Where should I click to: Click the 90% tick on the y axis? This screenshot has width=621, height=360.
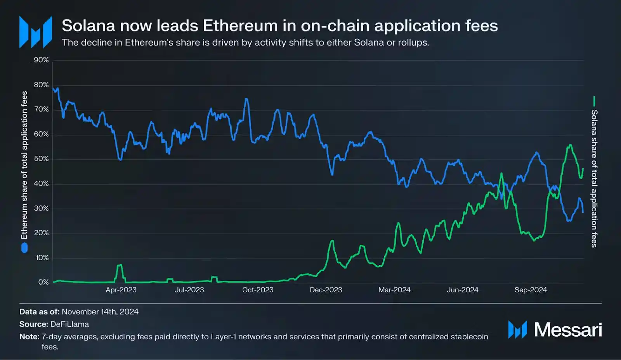pyautogui.click(x=41, y=60)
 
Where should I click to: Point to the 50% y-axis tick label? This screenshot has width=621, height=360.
pyautogui.click(x=41, y=159)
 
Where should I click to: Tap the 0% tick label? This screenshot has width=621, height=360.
pyautogui.click(x=43, y=282)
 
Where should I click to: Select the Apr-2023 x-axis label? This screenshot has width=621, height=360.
pyautogui.click(x=121, y=290)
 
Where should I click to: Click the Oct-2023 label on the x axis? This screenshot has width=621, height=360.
pyautogui.click(x=258, y=290)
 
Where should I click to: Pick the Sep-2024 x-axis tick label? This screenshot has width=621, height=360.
pyautogui.click(x=531, y=290)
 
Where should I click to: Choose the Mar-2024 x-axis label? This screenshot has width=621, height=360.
pyautogui.click(x=394, y=290)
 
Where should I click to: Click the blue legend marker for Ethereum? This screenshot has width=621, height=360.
pyautogui.click(x=24, y=248)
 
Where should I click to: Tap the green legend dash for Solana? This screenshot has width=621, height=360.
pyautogui.click(x=594, y=101)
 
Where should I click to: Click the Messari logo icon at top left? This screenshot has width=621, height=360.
pyautogui.click(x=36, y=32)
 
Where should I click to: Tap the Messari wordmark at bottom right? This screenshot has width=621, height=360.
pyautogui.click(x=568, y=330)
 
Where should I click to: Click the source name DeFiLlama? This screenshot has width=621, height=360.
pyautogui.click(x=69, y=324)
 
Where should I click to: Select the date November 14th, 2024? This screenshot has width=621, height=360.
pyautogui.click(x=100, y=312)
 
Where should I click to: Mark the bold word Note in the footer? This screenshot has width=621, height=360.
pyautogui.click(x=29, y=337)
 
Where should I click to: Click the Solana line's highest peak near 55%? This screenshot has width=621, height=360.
pyautogui.click(x=570, y=145)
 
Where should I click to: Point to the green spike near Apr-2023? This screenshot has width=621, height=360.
pyautogui.click(x=120, y=265)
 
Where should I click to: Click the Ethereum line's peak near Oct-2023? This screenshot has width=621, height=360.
pyautogui.click(x=246, y=99)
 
